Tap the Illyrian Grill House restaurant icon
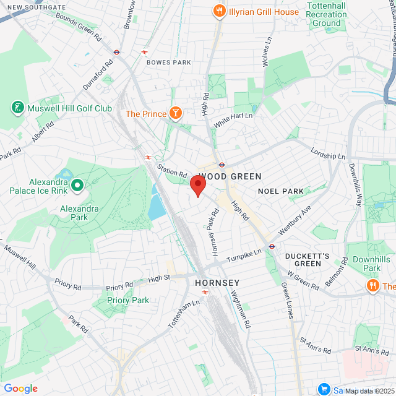(x=218, y=11)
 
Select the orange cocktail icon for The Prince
(x=176, y=113)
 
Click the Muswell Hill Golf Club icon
(x=17, y=108)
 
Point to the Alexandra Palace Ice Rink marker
(x=77, y=184)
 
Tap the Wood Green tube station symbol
(x=221, y=165)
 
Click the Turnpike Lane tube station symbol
(x=272, y=246)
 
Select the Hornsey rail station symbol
(x=205, y=292)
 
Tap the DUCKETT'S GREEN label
(x=303, y=259)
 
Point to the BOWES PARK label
(x=169, y=62)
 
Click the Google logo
(x=20, y=389)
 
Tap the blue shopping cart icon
(x=323, y=389)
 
